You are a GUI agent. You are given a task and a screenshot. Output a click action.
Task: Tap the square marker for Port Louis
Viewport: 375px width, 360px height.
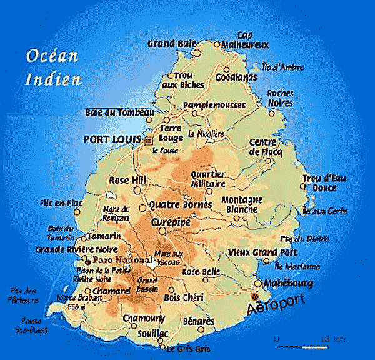(149, 141)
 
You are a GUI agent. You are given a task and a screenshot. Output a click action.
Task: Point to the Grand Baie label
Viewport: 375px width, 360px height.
(168, 44)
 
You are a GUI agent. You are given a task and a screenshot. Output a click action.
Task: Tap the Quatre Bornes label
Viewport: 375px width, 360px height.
(181, 205)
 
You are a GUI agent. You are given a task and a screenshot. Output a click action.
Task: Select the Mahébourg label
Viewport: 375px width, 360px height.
(289, 283)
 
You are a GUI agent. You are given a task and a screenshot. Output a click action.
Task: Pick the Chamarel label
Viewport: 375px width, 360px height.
(111, 291)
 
